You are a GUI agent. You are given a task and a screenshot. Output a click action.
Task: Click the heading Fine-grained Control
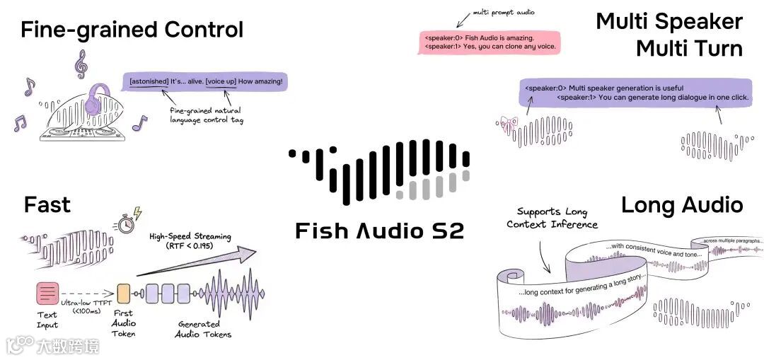(x=132, y=30)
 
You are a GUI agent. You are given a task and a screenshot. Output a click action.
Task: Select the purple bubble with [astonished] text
(x=205, y=82)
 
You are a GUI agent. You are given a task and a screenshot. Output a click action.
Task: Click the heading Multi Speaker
(x=669, y=21)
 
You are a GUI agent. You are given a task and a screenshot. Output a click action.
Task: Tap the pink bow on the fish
(x=504, y=122)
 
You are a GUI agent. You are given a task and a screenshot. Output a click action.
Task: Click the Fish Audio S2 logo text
(x=379, y=231)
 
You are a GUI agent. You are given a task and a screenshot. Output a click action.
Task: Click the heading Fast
(x=47, y=205)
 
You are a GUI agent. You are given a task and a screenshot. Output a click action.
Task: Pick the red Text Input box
(x=47, y=292)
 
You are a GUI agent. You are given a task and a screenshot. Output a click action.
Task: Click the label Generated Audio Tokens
(x=204, y=330)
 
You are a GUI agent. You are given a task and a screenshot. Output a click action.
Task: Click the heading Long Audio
(x=682, y=205)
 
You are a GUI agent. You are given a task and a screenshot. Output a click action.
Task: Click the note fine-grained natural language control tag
(x=206, y=115)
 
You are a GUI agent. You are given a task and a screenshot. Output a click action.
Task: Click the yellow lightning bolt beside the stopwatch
(x=138, y=214)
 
